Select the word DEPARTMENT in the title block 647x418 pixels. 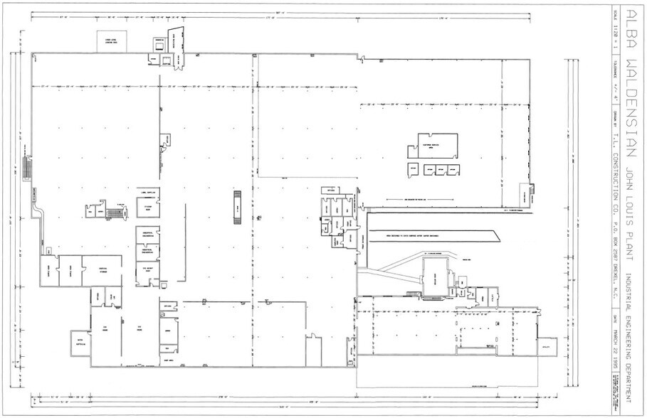click(x=629, y=363)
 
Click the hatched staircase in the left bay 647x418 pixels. click(x=28, y=168)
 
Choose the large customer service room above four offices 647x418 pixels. click(x=432, y=144)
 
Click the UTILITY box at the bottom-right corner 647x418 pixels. click(x=547, y=344)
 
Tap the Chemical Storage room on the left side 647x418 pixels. click(x=102, y=269)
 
